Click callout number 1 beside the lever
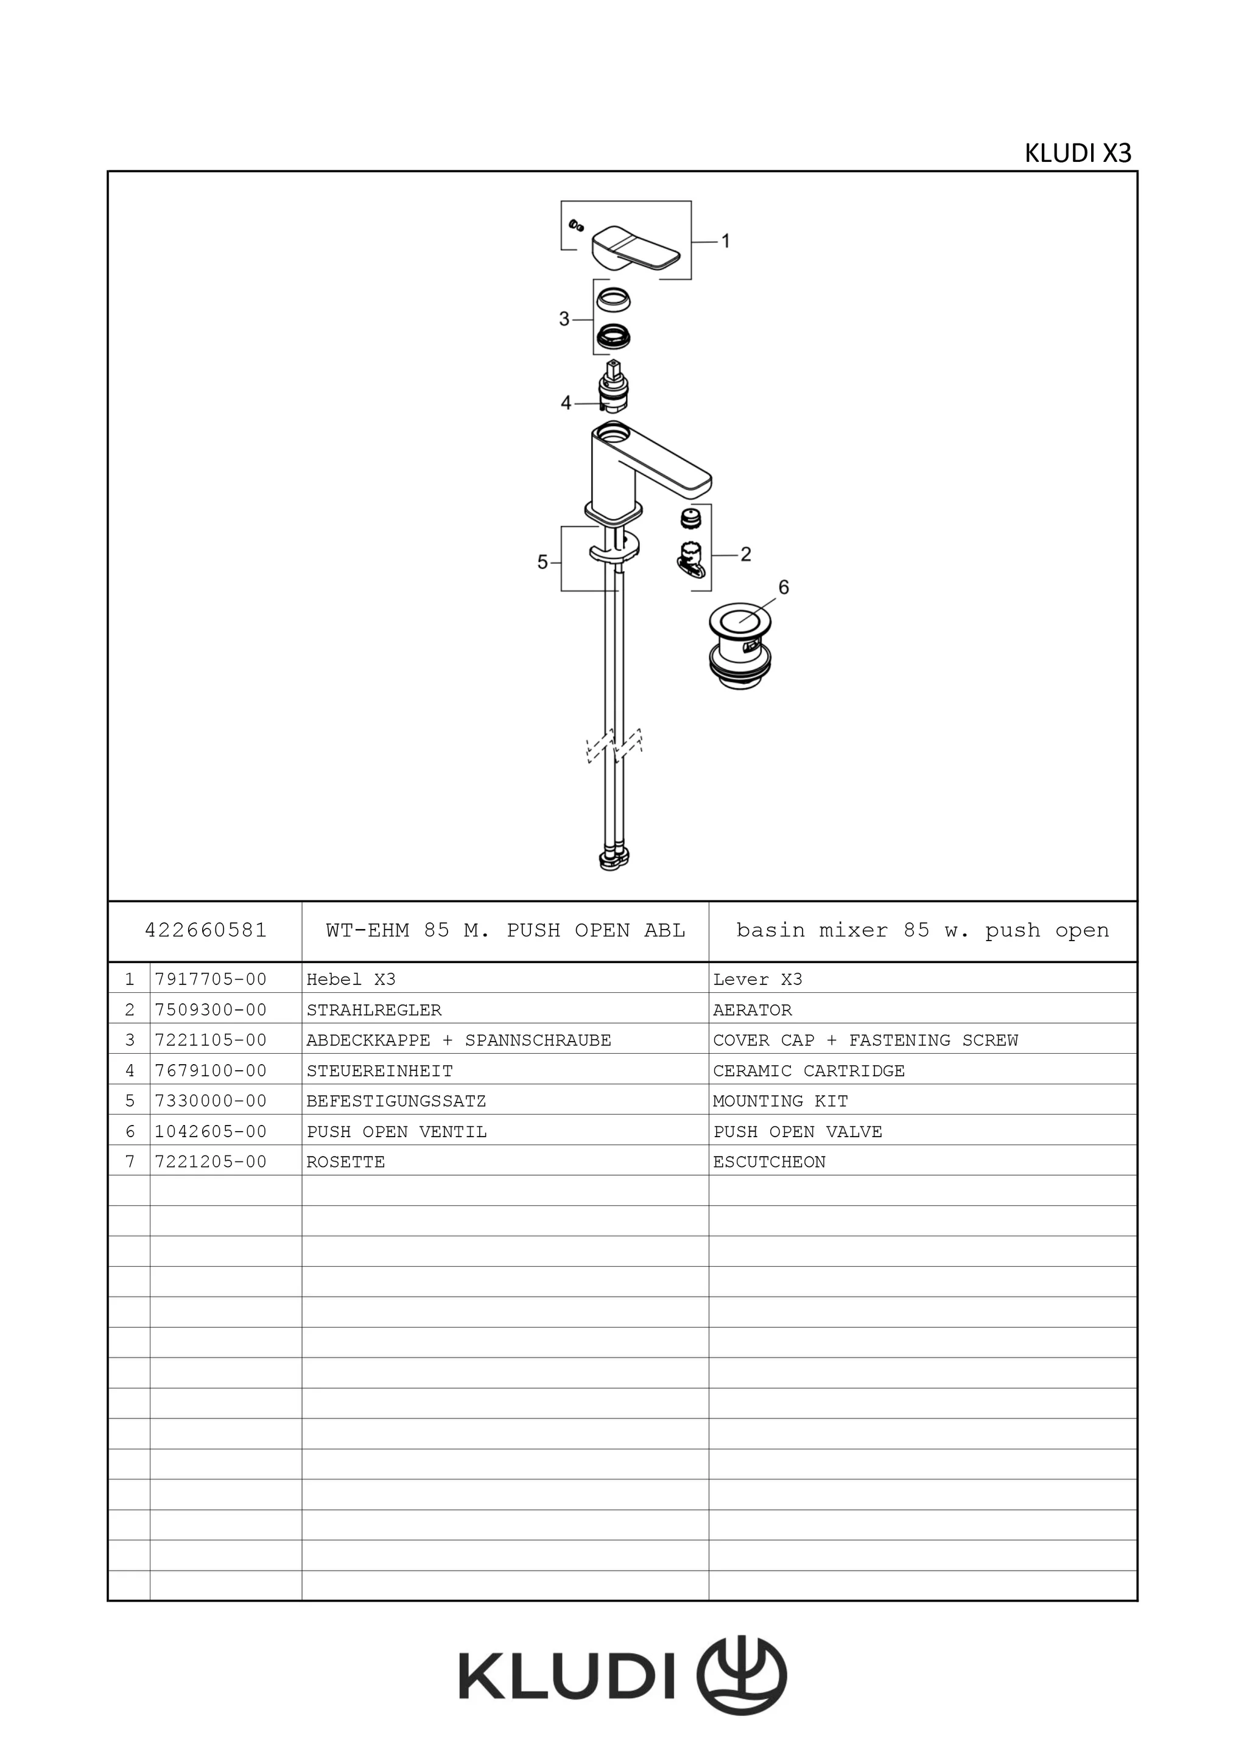[x=726, y=241]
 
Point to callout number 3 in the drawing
[x=564, y=318]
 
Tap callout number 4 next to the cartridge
[x=566, y=403]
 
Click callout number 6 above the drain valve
[x=783, y=587]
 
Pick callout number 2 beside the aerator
[x=746, y=555]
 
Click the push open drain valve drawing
[x=739, y=645]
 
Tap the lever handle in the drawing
[x=635, y=250]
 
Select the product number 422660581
[x=206, y=931]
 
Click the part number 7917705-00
[x=211, y=980]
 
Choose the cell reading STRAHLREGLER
[x=374, y=1011]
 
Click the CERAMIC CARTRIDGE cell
[x=809, y=1071]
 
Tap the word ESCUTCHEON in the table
[x=770, y=1163]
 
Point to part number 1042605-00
[x=211, y=1132]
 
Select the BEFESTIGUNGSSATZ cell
[x=396, y=1101]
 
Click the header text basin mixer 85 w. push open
[x=922, y=931]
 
